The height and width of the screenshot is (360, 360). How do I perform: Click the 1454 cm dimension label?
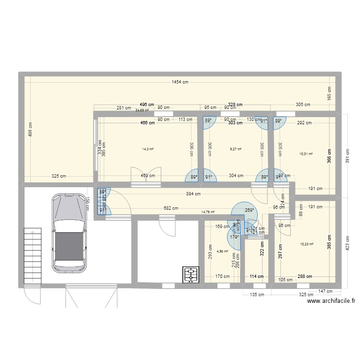pyautogui.click(x=180, y=82)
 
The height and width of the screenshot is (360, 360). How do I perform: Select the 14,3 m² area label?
pyautogui.click(x=147, y=149)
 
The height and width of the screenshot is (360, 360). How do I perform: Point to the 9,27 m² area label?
pyautogui.click(x=235, y=149)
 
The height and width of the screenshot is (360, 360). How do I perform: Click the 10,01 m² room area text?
pyautogui.click(x=306, y=154)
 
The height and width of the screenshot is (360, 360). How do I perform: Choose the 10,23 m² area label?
pyautogui.click(x=306, y=244)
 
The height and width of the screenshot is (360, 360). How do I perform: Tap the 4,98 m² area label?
pyautogui.click(x=222, y=251)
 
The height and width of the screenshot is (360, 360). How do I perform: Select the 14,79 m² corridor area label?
pyautogui.click(x=208, y=212)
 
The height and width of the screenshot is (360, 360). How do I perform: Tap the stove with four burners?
pyautogui.click(x=191, y=275)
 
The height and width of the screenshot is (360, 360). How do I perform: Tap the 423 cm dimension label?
pyautogui.click(x=348, y=245)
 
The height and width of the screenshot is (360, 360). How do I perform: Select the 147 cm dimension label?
pyautogui.click(x=326, y=291)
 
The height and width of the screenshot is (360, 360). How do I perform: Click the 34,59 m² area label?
pyautogui.click(x=142, y=110)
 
